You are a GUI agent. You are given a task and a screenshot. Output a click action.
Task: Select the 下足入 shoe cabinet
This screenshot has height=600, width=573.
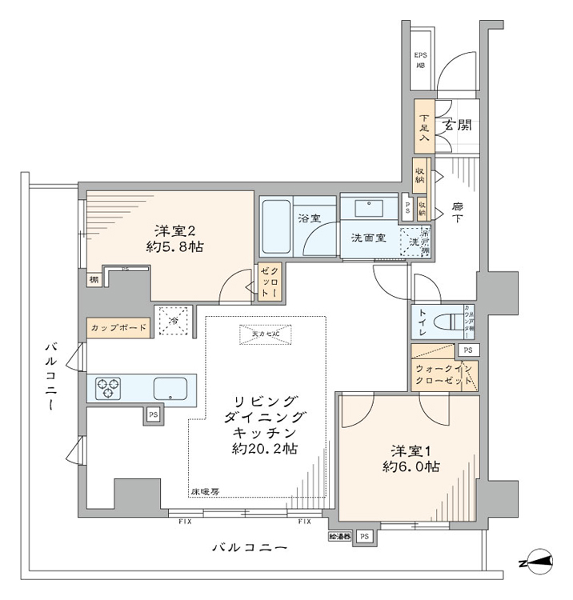pos(424,126)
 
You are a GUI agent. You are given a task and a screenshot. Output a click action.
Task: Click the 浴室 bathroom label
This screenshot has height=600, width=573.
pos(308,217)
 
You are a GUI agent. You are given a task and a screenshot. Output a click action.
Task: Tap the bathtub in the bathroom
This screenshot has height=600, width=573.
pos(274,226)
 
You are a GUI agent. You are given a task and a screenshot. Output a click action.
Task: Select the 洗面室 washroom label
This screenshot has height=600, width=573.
pos(369,238)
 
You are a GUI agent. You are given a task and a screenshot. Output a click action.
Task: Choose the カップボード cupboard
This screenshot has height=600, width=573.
pos(118,328)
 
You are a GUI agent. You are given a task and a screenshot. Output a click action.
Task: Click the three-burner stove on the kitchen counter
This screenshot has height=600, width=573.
pos(108,389)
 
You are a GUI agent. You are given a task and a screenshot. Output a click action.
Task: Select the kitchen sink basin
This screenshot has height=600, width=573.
pos(174,389)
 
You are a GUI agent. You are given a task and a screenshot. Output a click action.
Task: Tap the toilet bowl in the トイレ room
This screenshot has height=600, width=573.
pos(444,324)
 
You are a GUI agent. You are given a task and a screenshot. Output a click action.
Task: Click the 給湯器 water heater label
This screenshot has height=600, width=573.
pos(340,535)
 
